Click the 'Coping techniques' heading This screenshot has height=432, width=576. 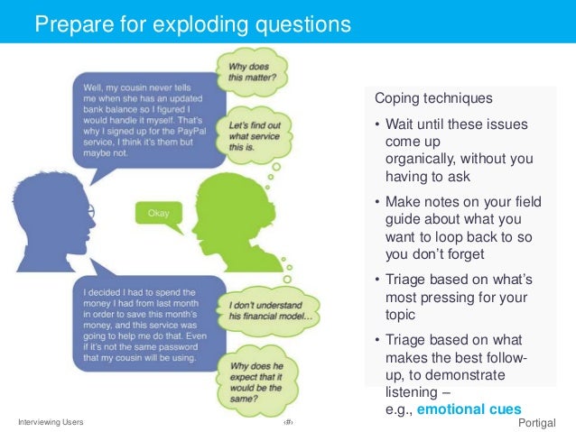click(x=421, y=97)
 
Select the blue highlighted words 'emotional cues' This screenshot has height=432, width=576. click(x=483, y=409)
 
